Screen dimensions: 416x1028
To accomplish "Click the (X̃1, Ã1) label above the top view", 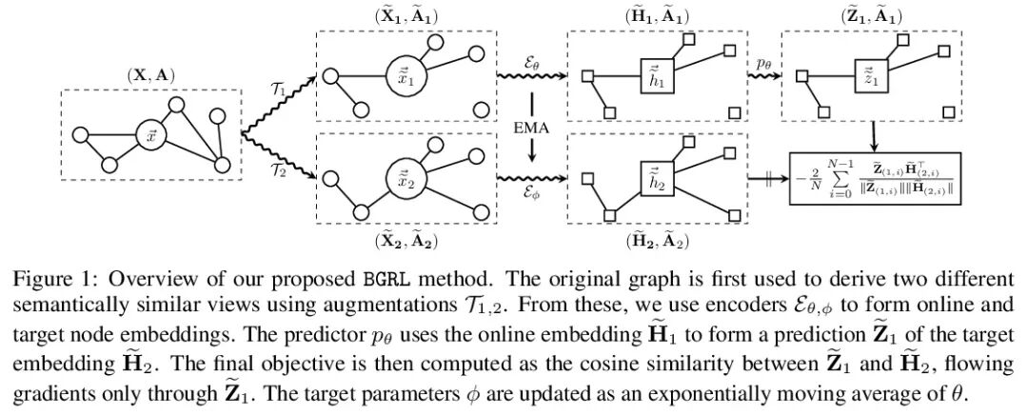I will tap(404, 17).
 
